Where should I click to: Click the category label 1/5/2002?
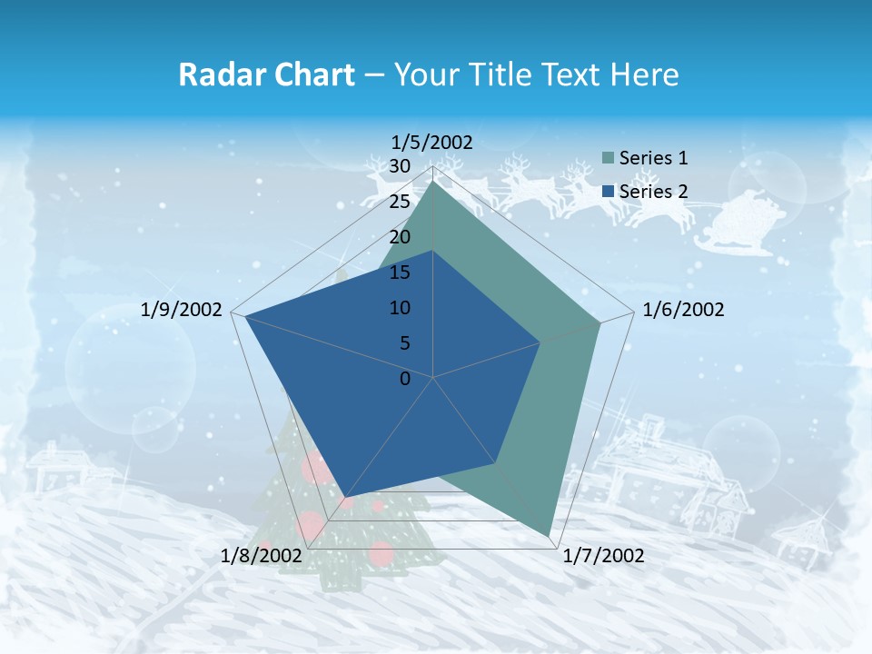[x=432, y=142]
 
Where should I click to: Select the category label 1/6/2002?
[x=683, y=310]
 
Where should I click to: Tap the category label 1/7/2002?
[x=603, y=556]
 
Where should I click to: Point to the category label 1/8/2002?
[x=262, y=556]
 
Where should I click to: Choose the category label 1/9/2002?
[x=182, y=310]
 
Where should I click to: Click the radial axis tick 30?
[x=399, y=166]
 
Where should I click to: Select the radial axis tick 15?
[x=399, y=272]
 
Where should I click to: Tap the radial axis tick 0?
[x=405, y=379]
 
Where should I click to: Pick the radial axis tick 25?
[x=399, y=202]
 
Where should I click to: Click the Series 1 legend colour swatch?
[x=608, y=158]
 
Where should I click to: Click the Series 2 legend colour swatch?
[x=608, y=192]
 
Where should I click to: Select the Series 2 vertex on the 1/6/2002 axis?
[x=540, y=343]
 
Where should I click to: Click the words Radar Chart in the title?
[x=266, y=74]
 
